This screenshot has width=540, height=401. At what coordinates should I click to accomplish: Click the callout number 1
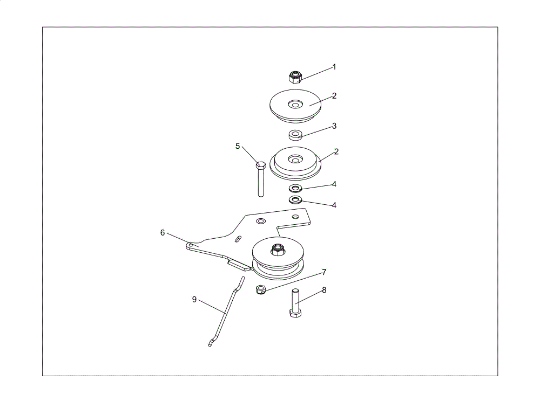334,67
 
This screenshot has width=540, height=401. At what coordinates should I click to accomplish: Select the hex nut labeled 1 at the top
295,77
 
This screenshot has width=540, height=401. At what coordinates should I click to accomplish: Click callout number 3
334,126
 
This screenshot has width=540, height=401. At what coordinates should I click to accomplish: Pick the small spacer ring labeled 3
295,134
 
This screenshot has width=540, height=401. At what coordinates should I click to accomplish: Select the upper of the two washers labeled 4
295,188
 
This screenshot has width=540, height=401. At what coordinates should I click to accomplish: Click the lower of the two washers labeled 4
295,199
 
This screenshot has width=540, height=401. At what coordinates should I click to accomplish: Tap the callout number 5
237,146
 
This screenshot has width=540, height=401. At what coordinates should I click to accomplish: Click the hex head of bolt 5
261,164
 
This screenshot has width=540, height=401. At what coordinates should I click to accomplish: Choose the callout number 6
163,233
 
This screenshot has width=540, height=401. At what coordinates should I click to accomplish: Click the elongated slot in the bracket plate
238,239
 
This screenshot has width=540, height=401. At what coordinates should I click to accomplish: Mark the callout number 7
323,273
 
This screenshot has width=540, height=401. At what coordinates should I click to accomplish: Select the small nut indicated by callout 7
261,289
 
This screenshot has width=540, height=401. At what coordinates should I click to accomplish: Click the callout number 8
323,291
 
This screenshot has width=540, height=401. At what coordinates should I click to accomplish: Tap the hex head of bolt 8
295,313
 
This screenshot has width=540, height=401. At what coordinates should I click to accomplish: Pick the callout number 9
194,300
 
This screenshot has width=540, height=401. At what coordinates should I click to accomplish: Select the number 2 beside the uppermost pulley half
334,96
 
